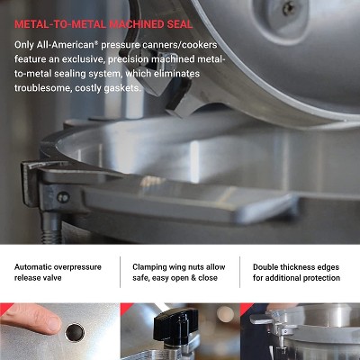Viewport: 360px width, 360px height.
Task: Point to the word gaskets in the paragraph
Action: [121, 88]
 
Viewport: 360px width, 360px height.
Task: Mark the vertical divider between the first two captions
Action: [120, 273]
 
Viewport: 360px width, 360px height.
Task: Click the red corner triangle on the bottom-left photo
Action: [4, 307]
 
